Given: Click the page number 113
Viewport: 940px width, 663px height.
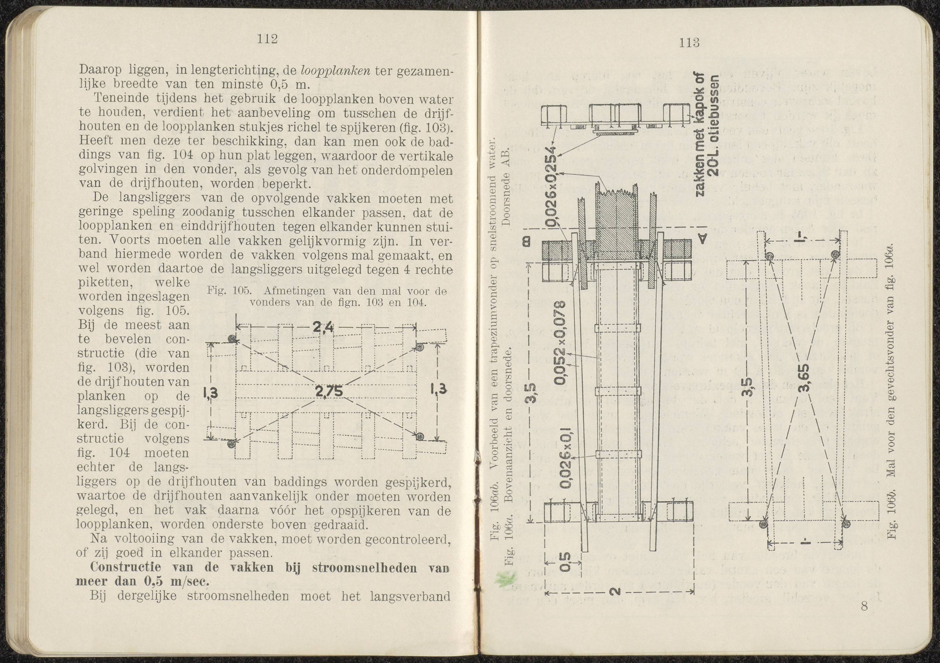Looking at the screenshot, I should point(688,43).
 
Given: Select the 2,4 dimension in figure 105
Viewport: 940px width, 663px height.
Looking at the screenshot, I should point(323,327).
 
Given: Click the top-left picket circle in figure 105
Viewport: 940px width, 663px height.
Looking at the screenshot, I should point(233,339).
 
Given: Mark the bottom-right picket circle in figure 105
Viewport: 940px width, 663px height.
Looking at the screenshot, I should point(420,436).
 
